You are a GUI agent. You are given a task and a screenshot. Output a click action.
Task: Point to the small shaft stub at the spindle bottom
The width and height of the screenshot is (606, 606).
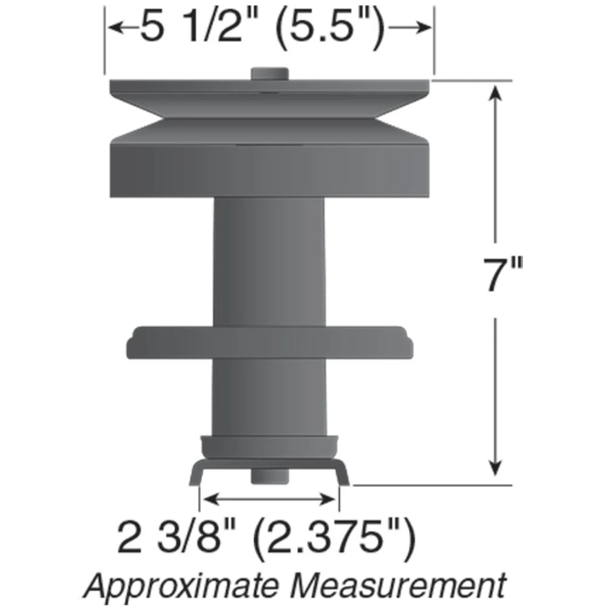[269, 476]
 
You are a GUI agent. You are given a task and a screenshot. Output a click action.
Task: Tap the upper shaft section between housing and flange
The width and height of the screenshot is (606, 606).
[269, 259]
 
